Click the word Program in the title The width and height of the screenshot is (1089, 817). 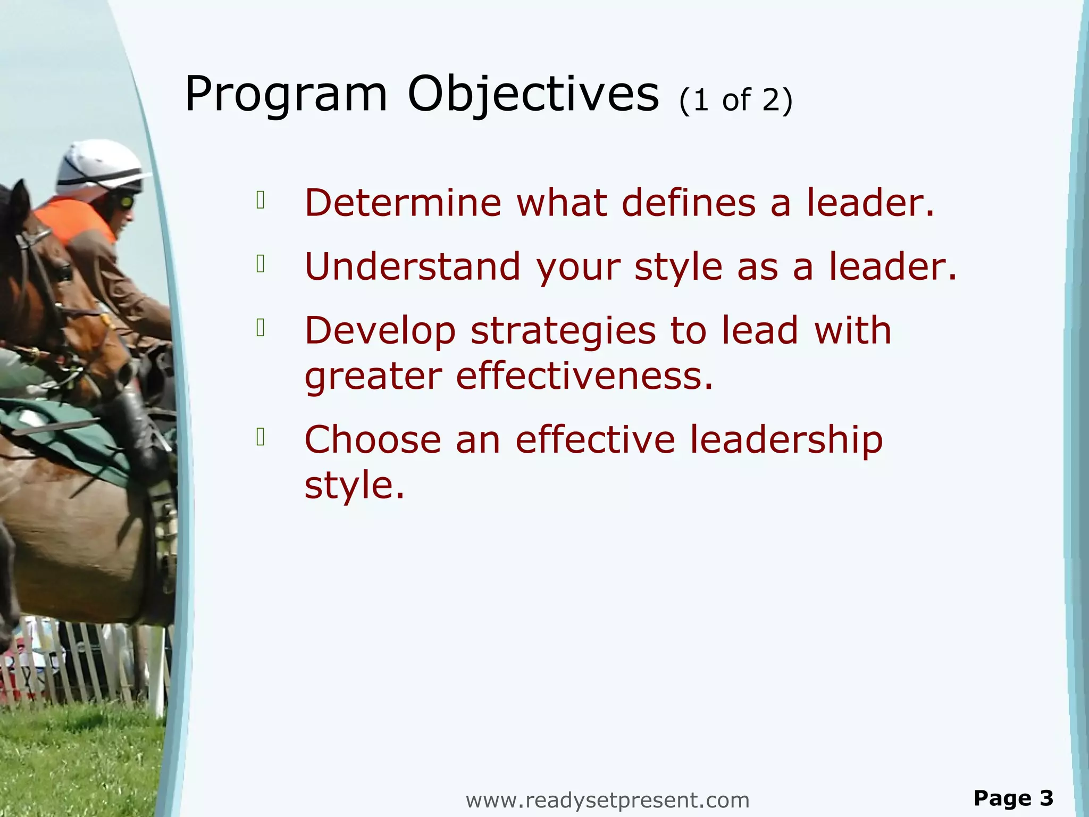[286, 95]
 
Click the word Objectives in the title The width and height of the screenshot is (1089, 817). [533, 95]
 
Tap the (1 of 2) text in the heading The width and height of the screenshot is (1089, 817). [735, 100]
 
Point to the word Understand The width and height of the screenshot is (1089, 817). [412, 266]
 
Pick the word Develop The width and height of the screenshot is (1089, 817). [380, 331]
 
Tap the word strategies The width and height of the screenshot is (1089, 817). [563, 331]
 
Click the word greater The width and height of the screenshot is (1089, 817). [373, 377]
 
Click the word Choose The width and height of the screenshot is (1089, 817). [372, 440]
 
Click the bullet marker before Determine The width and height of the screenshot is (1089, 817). [261, 200]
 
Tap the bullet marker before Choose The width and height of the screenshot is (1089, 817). [261, 437]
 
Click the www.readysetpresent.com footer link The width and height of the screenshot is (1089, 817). [607, 800]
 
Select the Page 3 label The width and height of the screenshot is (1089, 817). [1013, 798]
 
